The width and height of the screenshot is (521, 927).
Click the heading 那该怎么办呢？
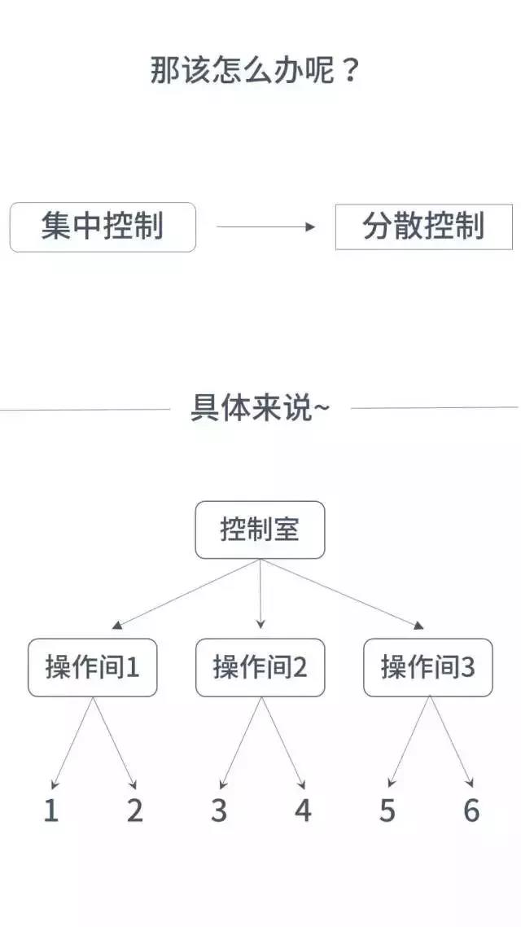tap(255, 70)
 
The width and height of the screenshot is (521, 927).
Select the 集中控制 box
tap(103, 227)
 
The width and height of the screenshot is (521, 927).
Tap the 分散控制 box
tap(423, 227)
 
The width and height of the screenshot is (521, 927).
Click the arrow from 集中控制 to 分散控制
tap(266, 226)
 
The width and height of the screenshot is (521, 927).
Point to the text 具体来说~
tap(260, 407)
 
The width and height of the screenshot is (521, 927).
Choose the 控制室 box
tap(260, 529)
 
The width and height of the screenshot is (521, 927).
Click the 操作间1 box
tap(93, 667)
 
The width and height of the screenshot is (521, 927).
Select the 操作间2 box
tap(260, 667)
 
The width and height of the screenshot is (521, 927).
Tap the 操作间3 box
tap(427, 667)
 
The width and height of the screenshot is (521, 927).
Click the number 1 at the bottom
tap(51, 810)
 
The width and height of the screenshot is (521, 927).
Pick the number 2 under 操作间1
tap(134, 810)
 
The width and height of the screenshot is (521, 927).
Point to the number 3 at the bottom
tap(218, 810)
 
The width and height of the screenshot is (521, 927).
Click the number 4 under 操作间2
tap(303, 810)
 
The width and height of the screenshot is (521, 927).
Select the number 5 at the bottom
tap(387, 810)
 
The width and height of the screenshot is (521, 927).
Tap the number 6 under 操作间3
tap(471, 810)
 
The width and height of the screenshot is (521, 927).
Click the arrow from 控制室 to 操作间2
tap(260, 594)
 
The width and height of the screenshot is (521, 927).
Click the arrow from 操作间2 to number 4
tap(283, 743)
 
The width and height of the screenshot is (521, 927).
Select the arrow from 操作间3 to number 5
tap(409, 743)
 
